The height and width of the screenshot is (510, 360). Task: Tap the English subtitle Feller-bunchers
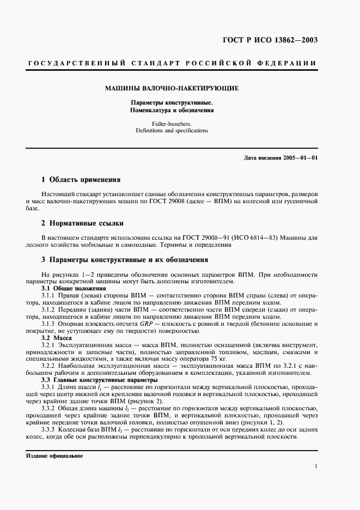(172, 124)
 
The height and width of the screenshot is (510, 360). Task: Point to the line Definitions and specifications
(172, 131)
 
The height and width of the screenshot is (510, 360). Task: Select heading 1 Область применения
(81, 179)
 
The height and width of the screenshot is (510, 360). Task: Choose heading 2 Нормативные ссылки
(83, 223)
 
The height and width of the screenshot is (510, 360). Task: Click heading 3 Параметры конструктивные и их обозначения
(125, 260)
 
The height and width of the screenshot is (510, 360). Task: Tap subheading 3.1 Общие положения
(74, 288)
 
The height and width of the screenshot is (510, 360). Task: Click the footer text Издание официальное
(54, 456)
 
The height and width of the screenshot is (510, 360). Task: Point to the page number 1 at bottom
(316, 466)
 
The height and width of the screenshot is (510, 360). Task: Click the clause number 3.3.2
(50, 407)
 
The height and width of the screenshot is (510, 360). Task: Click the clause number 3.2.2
(50, 366)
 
